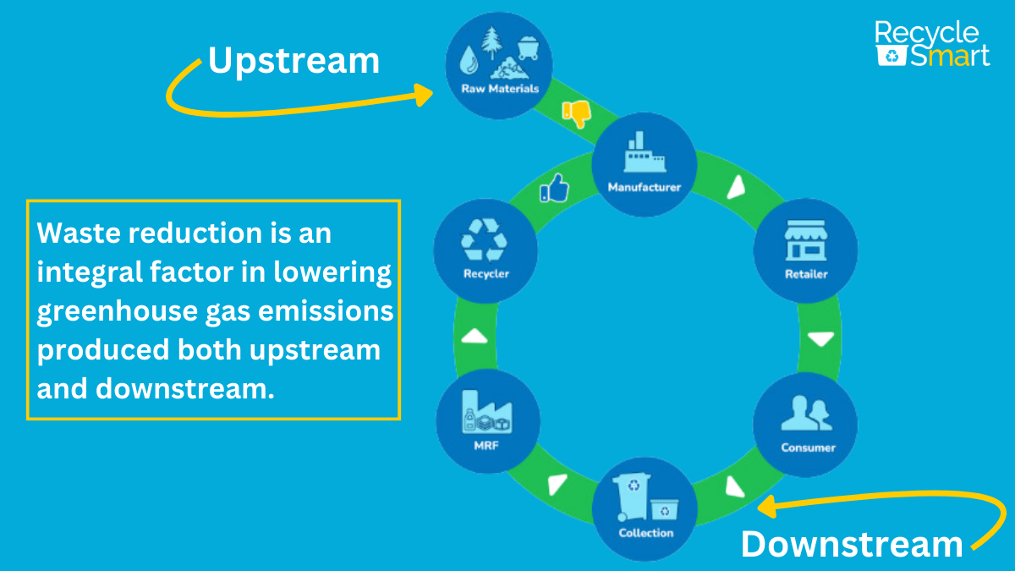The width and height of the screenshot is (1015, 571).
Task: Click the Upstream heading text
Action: coord(294,61)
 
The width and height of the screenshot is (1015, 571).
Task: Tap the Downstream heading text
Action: coord(851,544)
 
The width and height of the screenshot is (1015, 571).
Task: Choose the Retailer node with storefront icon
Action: coord(805,251)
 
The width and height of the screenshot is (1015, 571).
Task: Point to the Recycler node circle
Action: coord(486,251)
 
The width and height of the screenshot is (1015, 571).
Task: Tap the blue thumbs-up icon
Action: coord(555,189)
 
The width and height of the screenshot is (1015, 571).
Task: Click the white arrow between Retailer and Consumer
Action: coord(820,340)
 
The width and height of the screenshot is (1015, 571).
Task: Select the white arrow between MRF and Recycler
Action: coord(475,337)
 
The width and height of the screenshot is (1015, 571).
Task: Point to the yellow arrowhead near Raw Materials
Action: coord(424,93)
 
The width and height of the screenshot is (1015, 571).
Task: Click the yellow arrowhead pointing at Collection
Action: coord(766,507)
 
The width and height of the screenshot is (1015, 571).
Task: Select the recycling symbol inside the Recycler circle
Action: coord(485,239)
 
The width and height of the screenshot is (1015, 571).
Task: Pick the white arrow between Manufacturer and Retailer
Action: coord(737,189)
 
